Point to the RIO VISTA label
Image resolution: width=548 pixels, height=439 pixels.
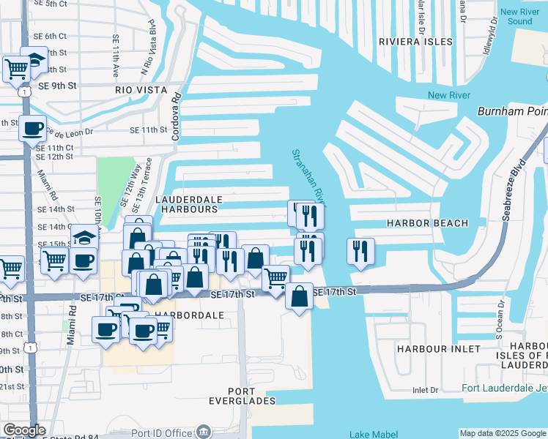(137, 89)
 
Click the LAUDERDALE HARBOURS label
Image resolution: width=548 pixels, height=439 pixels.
(186, 203)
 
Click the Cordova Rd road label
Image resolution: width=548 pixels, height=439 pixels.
(176, 116)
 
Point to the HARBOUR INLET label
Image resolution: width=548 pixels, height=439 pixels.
(429, 349)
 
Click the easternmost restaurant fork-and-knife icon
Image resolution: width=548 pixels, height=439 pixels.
(360, 250)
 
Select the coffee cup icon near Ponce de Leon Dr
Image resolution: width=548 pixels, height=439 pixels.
(32, 127)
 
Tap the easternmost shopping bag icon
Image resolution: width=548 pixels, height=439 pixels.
(299, 296)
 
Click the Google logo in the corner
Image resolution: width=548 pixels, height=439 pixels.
(24, 431)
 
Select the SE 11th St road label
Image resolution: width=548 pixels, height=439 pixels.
(149, 130)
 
